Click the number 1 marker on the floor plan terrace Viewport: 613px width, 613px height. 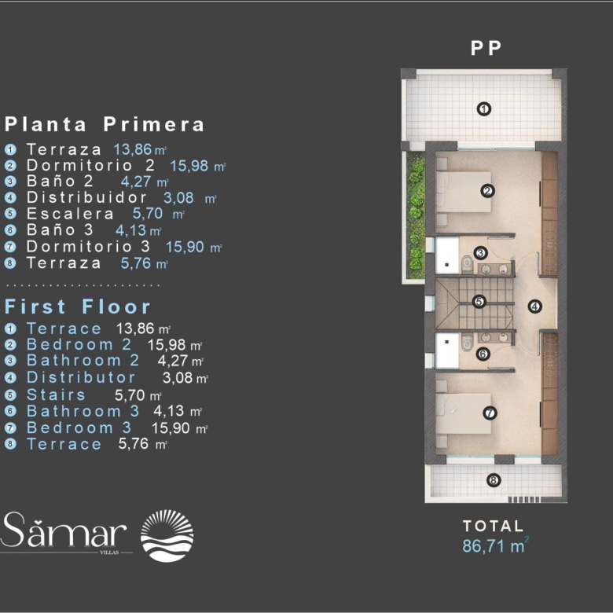click(x=484, y=108)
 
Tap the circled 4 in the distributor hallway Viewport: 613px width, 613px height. click(x=535, y=306)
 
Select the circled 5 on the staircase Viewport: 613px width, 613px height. click(x=479, y=302)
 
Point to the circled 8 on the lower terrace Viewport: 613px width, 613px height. click(x=494, y=480)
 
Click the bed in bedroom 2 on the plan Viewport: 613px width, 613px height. click(x=464, y=192)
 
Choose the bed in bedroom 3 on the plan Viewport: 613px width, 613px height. click(x=464, y=413)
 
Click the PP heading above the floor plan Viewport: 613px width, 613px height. click(x=486, y=49)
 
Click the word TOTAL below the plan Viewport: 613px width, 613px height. click(x=493, y=526)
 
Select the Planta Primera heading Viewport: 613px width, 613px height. click(x=105, y=124)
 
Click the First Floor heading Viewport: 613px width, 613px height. click(x=77, y=306)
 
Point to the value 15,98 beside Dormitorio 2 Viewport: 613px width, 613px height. click(x=189, y=166)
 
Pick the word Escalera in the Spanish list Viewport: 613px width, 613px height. click(x=70, y=214)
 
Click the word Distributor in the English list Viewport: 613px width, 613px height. click(x=81, y=378)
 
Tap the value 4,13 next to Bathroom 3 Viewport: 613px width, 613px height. click(x=168, y=411)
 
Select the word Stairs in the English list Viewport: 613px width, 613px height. click(x=56, y=395)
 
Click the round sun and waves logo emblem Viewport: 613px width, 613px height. click(x=167, y=536)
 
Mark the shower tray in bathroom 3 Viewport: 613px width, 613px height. click(x=447, y=351)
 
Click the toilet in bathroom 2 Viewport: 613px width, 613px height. click(x=466, y=263)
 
